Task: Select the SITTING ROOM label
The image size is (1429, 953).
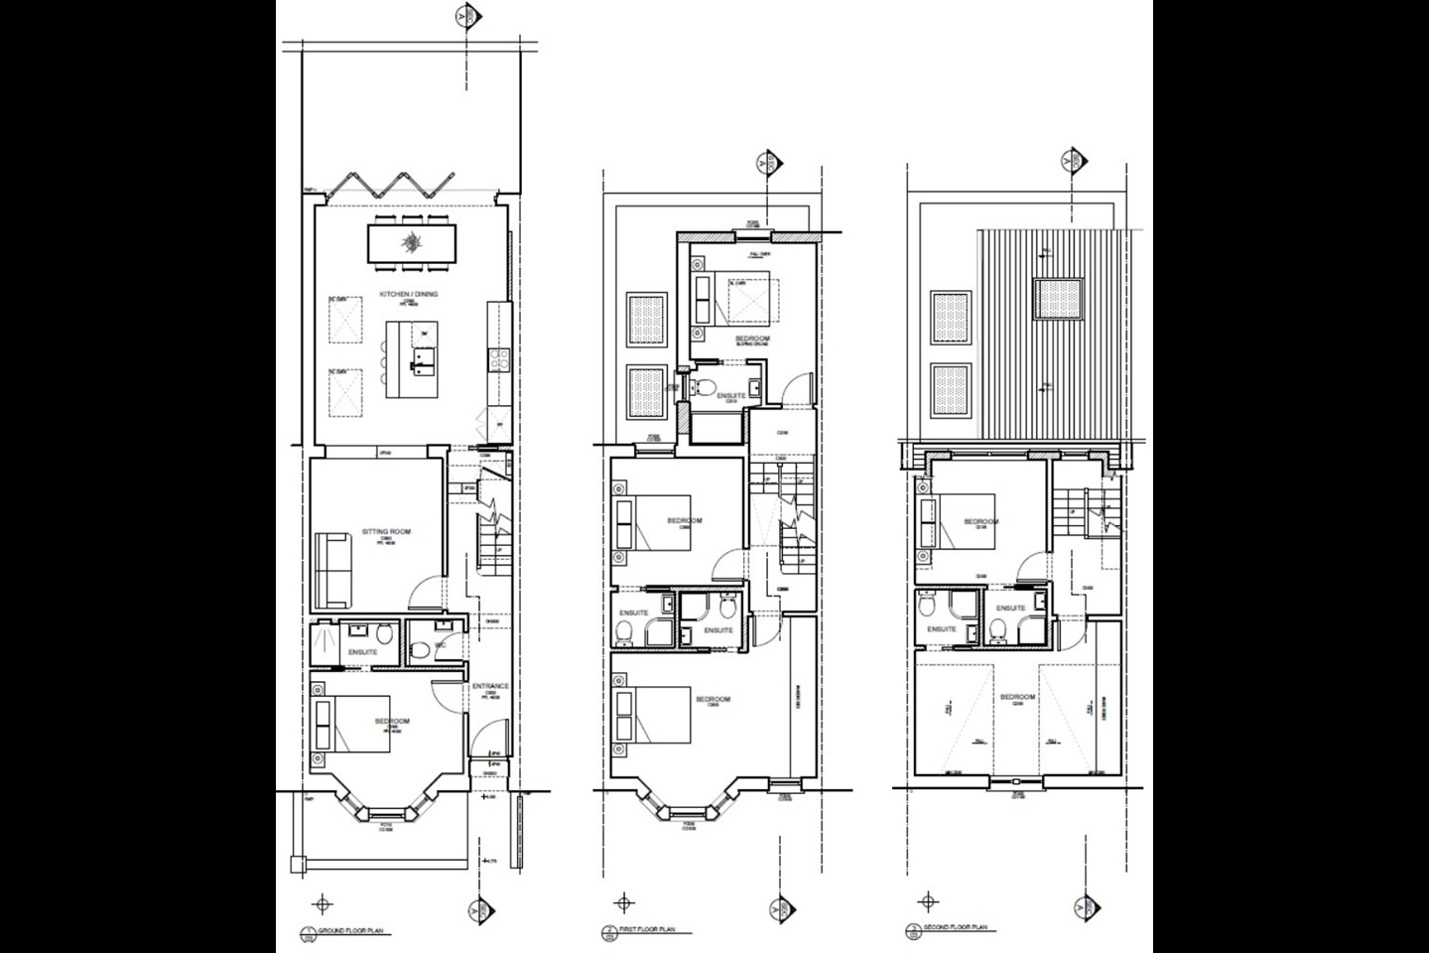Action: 387,531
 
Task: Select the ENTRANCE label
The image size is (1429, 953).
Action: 490,686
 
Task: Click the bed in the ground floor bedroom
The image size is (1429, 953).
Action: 341,724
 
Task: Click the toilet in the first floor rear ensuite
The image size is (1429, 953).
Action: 707,386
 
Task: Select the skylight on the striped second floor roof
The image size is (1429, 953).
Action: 1058,298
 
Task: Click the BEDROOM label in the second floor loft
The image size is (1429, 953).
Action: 1016,698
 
